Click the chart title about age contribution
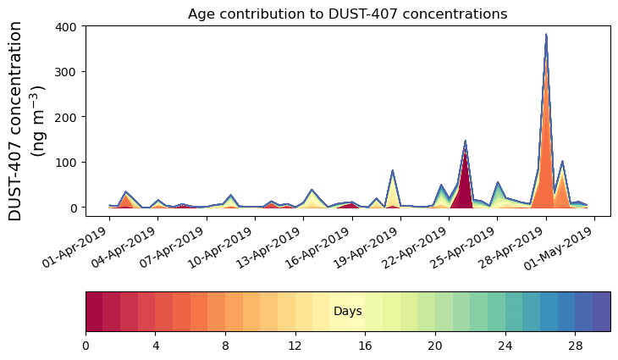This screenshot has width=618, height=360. coord(347,14)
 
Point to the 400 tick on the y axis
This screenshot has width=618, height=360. coord(67,26)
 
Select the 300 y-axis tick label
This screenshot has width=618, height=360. coord(67,71)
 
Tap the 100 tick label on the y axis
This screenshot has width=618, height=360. coord(67,162)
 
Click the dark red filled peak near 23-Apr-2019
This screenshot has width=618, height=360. coord(463,182)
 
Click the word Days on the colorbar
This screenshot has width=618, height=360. coord(347,312)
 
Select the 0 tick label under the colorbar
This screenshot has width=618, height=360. coord(86,346)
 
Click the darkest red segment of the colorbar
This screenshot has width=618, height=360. coord(94,312)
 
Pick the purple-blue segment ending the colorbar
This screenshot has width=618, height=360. coord(601,312)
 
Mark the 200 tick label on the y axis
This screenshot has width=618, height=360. coord(67,117)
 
